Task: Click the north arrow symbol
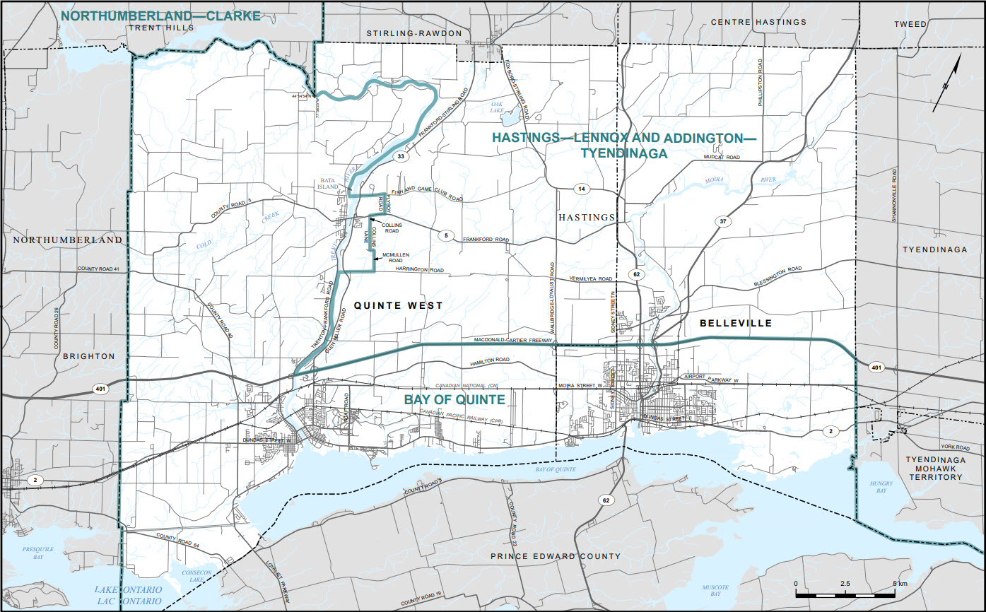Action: coord(948,83)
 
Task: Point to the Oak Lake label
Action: coord(502,107)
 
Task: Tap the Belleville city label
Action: coord(735,323)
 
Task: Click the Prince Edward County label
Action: coord(556,556)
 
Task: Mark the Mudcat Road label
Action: coord(722,158)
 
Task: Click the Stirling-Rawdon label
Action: coord(413,33)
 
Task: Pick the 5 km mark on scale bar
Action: coord(900,584)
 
